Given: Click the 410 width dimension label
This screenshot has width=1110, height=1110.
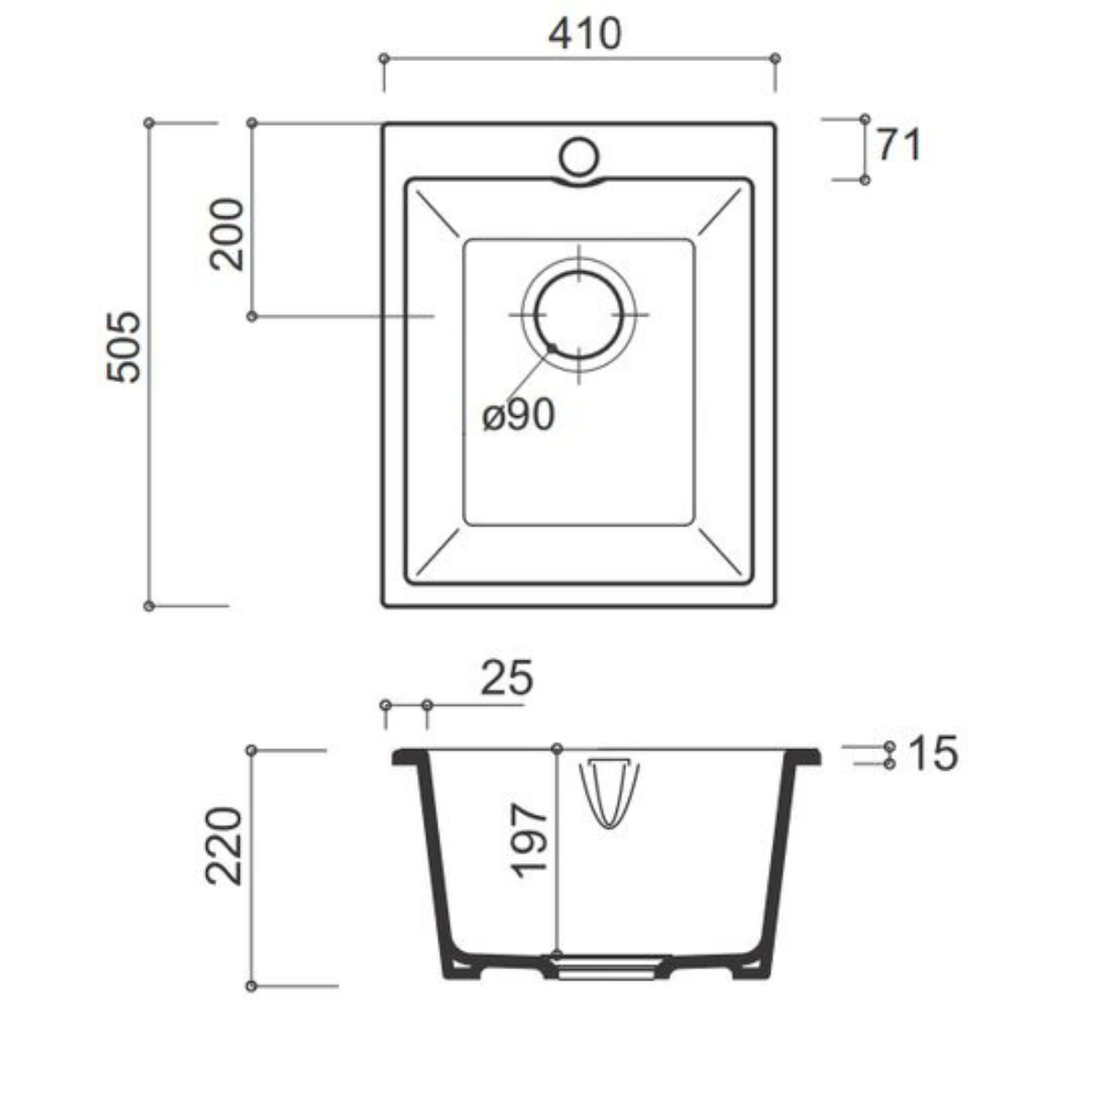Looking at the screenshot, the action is (585, 33).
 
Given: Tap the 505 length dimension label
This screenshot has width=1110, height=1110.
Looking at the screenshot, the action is (124, 347).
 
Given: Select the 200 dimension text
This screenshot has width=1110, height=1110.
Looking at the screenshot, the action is (227, 234).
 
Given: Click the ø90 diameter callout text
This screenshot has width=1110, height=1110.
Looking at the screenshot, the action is (518, 414).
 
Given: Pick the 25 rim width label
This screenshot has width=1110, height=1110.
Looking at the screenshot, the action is (507, 679).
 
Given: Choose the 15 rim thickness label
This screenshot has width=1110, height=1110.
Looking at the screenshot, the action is (933, 753).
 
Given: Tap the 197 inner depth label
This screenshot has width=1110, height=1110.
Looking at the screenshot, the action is (528, 842).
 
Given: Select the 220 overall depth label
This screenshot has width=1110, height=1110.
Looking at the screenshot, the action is (224, 846).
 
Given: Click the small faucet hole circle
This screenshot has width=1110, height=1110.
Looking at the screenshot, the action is (579, 156).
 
